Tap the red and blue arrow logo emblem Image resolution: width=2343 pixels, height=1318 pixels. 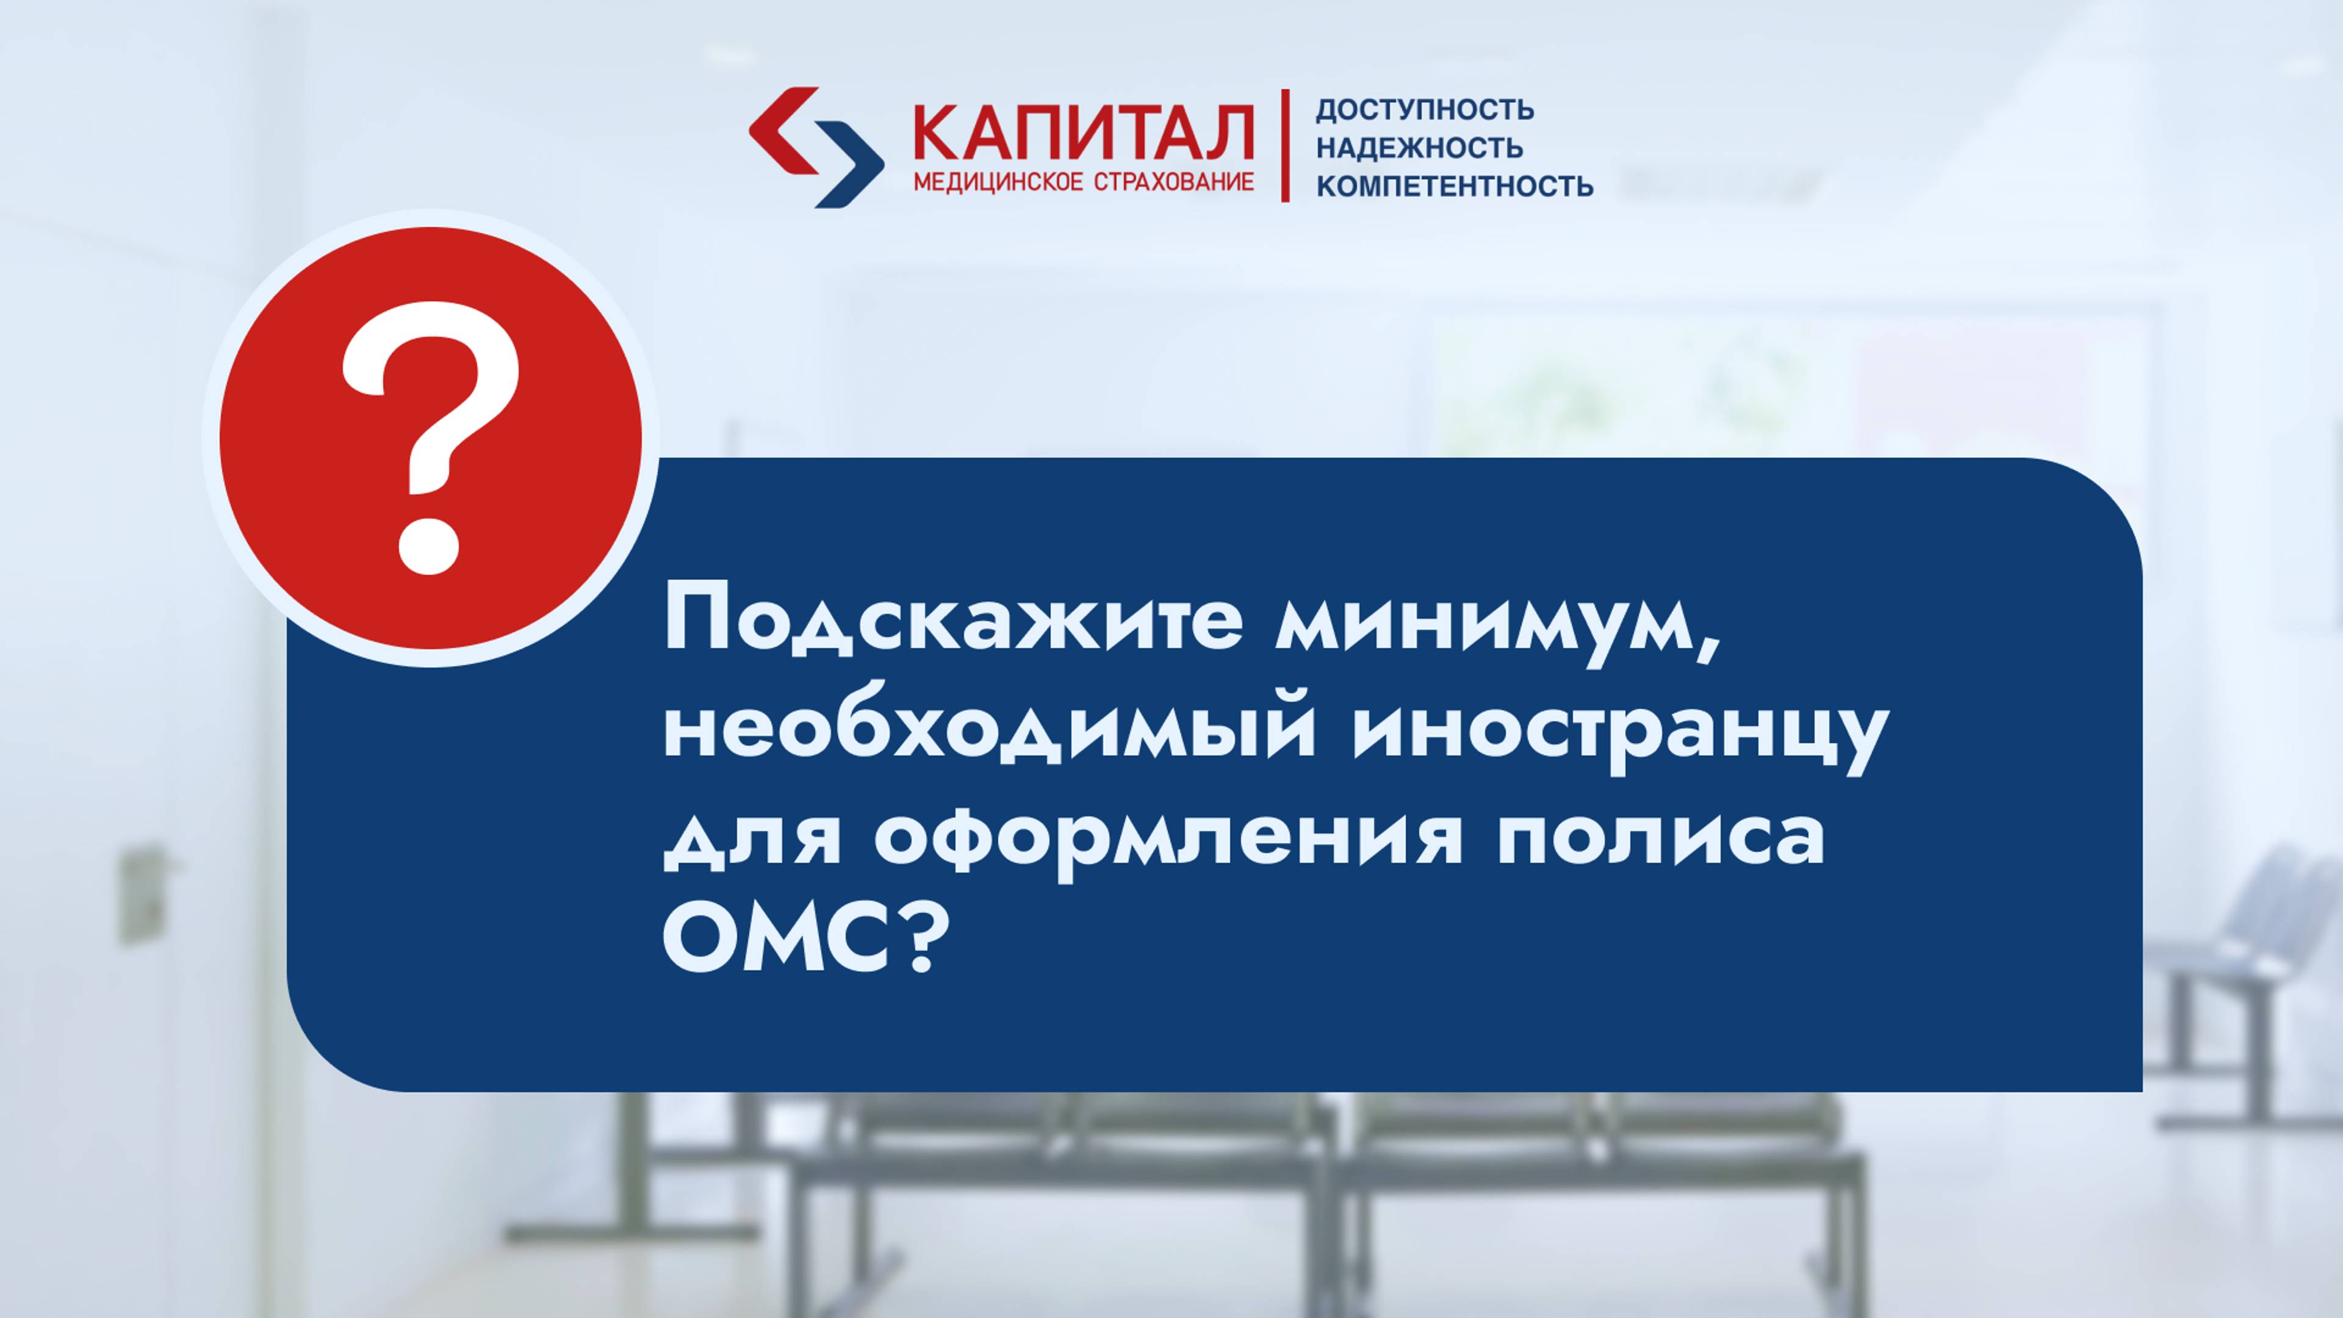click(816, 147)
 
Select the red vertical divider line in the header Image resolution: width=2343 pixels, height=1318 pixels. click(1285, 146)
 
